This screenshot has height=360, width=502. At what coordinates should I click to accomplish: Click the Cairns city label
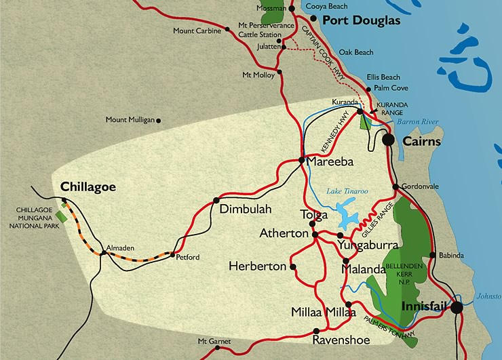pos(421,142)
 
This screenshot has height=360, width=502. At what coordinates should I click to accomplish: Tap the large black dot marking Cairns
pos(388,140)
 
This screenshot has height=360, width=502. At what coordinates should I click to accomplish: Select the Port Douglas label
pos(361,20)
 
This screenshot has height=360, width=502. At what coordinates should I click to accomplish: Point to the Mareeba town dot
pos(301,161)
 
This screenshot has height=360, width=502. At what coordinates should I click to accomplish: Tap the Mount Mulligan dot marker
pos(159,121)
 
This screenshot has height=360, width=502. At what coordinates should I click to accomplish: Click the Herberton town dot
pos(293,266)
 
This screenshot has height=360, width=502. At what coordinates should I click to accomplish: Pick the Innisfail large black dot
pos(457,307)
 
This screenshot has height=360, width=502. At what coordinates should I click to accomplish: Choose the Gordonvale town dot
pos(395,186)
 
